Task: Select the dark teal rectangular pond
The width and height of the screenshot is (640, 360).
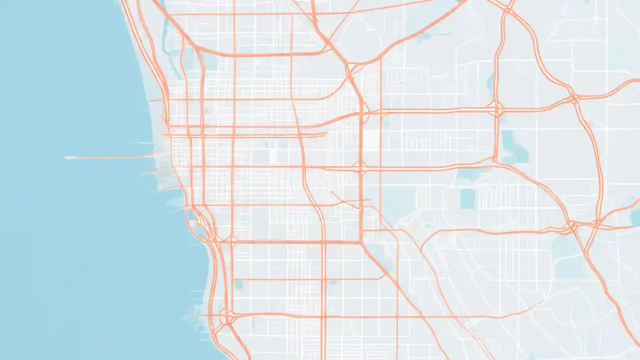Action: pos(467,198)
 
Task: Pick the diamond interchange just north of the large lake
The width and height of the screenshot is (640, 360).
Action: pos(498,109)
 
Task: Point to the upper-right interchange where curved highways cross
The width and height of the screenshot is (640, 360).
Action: pos(574,97)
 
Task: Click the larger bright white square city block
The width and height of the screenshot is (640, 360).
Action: pos(370,140)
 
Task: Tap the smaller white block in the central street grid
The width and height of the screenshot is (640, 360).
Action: pos(273,156)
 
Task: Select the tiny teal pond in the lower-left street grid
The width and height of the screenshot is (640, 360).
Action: pos(238,284)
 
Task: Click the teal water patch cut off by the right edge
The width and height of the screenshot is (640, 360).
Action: pos(635,218)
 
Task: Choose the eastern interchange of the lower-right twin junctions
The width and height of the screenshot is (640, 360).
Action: pos(597,222)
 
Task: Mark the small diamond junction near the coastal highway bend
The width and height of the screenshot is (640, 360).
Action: pos(232,239)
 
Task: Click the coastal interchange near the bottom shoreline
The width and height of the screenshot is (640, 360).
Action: pos(228,318)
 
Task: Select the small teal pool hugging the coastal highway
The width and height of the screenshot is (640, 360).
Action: pos(190,215)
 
